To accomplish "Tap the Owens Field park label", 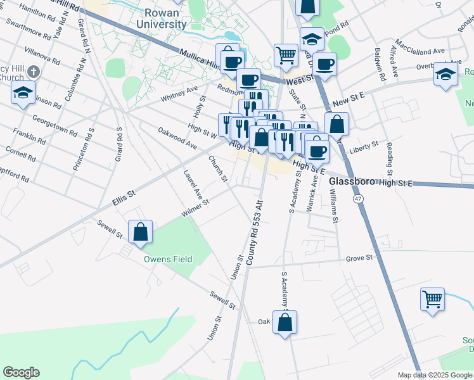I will click(167, 259).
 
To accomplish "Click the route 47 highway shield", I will click(359, 199).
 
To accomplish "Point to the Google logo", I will click(21, 372).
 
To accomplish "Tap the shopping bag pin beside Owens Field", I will click(140, 232).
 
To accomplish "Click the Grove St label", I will click(362, 258).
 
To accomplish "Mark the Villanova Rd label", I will click(42, 56).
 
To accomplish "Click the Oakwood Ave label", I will click(177, 137).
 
